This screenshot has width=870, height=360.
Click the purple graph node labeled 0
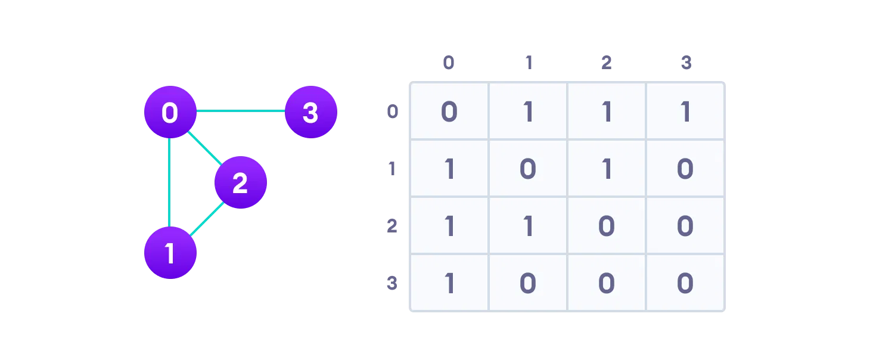coord(170,112)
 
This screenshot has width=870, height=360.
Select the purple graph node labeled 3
coord(310,112)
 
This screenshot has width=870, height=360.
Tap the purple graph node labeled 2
coord(240,182)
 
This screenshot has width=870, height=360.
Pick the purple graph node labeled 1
coord(170,253)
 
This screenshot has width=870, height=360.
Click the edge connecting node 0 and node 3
coord(240,111)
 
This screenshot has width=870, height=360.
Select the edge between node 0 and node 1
coord(170,182)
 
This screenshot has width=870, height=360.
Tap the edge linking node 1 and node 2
coord(206,219)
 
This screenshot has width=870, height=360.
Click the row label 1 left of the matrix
coord(392,169)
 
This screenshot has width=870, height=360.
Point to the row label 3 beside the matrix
coord(392,283)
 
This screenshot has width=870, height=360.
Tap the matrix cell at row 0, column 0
coord(449,111)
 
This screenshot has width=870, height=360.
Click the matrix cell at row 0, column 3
coord(685,111)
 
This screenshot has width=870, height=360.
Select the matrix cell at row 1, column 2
coord(607,169)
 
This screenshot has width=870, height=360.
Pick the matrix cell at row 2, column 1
coord(528,226)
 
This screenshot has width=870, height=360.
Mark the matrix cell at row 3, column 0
coord(449,283)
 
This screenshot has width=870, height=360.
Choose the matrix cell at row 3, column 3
coord(685,283)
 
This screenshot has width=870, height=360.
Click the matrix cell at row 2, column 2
coord(607,226)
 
